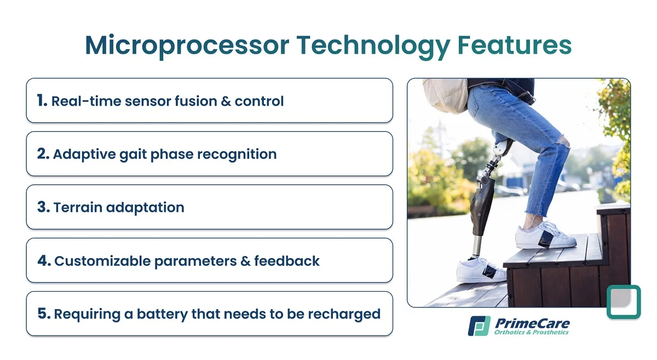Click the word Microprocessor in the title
[187, 46]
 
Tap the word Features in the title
[515, 45]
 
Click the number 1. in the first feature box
[42, 100]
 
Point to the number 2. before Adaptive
[43, 154]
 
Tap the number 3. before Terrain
[43, 207]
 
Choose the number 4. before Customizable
[44, 260]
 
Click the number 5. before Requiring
[44, 313]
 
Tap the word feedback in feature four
[287, 260]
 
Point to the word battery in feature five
[162, 314]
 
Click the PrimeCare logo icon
[479, 326]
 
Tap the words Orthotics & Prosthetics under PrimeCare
[531, 332]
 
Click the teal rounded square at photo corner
[624, 301]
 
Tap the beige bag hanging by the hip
[446, 95]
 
